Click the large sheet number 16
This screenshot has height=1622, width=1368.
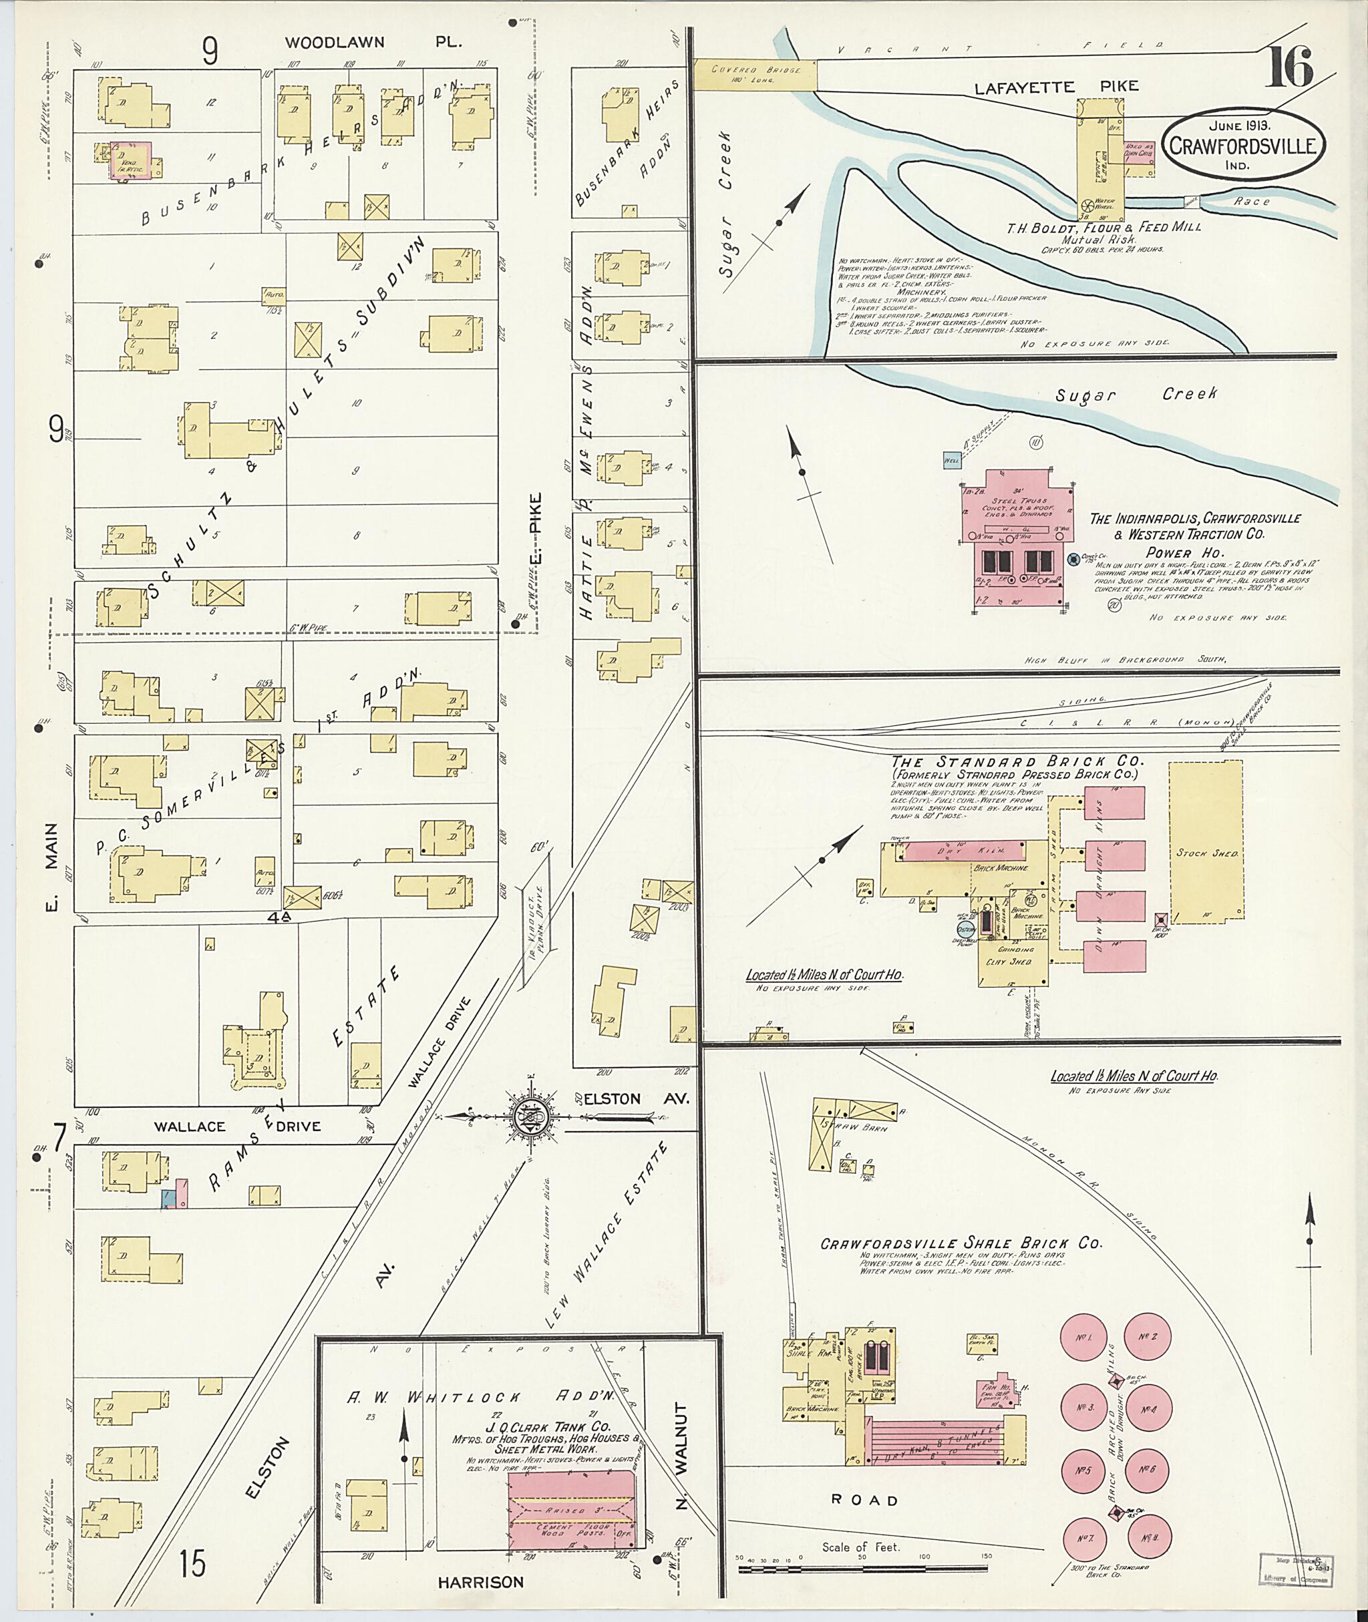1290,67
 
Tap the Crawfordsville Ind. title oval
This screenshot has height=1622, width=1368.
1243,140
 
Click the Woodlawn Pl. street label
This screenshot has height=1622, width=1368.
372,42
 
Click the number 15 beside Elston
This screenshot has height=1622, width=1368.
192,1563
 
